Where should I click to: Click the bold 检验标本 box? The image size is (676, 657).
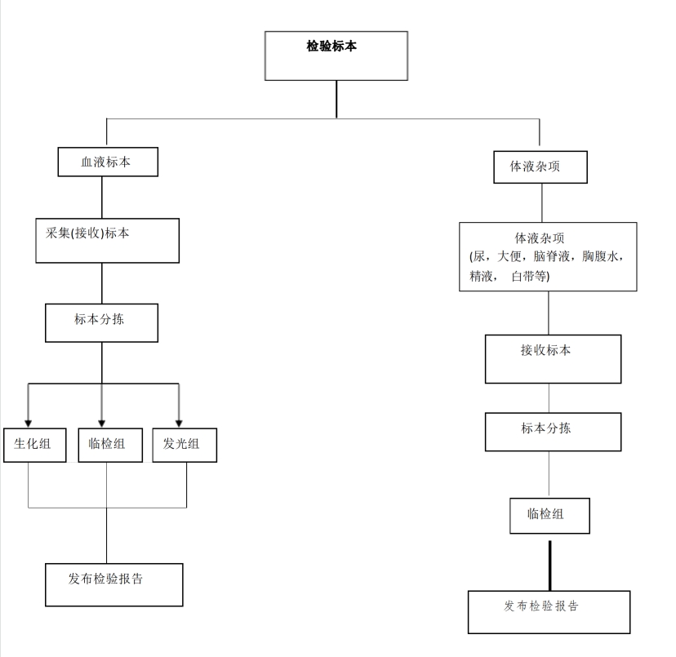coord(336,55)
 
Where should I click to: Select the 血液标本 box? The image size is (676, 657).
coord(108,162)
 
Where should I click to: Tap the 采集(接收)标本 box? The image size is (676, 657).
coord(107,241)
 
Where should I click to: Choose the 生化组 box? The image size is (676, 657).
coord(35,445)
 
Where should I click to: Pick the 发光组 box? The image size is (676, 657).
coord(185,445)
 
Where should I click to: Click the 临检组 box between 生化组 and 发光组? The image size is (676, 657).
coord(110,445)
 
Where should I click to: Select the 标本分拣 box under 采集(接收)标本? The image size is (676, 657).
coord(102,323)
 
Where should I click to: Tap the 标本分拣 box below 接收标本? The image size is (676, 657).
coord(554,432)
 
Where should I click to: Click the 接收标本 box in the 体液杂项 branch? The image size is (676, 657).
coord(554,359)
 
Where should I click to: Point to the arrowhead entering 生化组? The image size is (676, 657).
coord(28,424)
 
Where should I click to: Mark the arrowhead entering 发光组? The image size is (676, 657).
coord(179,424)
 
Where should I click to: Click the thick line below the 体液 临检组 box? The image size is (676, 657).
coord(550,566)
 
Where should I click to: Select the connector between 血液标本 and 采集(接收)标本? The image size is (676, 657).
coord(102,198)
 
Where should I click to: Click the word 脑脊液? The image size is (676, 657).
coord(551,256)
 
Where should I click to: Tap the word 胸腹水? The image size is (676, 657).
coord(600,256)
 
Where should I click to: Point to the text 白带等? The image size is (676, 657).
coord(528,276)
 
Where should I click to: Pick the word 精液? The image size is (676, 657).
coord(481,276)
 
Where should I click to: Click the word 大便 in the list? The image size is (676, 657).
coord(509,256)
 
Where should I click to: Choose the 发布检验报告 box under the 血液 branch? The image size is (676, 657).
coord(114,584)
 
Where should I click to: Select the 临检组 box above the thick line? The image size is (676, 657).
coord(549,516)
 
